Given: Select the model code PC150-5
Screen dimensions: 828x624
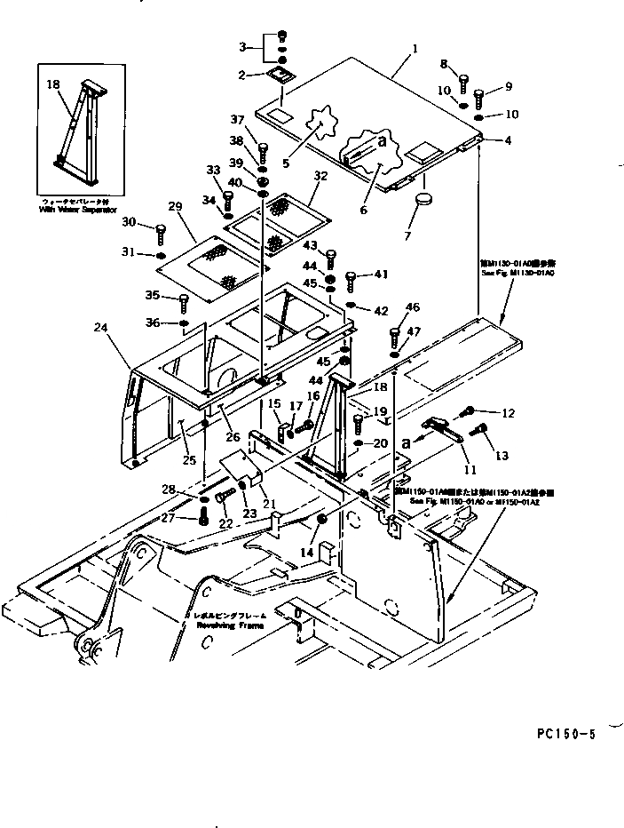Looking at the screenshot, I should coord(567,734).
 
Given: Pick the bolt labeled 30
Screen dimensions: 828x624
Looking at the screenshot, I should coord(161,233).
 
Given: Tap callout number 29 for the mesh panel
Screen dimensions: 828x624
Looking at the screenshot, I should coord(175,206).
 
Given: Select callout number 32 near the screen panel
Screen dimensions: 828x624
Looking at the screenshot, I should coord(320,176).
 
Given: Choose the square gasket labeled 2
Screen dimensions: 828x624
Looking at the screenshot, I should coord(281,76).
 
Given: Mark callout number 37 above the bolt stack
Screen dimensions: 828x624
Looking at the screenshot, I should coord(237,120).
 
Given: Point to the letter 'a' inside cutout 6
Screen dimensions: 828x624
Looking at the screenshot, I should coord(382,140).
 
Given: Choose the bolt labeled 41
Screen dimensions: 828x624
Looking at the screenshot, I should coord(351,280).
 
